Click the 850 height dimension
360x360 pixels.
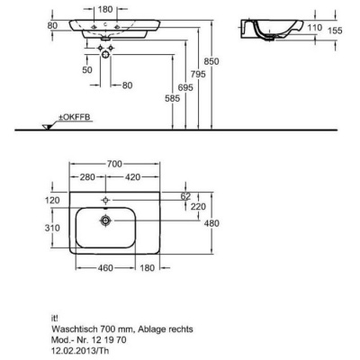(211, 61)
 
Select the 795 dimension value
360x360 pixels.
(198, 74)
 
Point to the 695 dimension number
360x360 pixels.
(185, 87)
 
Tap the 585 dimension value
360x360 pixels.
(173, 98)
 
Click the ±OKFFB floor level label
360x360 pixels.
(74, 117)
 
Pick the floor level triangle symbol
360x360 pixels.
(48, 127)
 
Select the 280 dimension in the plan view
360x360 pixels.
(87, 177)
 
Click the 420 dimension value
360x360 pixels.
(132, 177)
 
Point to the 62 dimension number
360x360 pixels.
(185, 196)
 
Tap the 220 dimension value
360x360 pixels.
(198, 206)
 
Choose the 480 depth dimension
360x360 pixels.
(211, 223)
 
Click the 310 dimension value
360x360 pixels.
(52, 228)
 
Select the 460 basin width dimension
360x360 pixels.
(105, 267)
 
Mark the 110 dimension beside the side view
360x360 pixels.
(314, 28)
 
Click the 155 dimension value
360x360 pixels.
(335, 31)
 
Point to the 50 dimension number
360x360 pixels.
(87, 70)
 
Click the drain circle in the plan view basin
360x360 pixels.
(105, 221)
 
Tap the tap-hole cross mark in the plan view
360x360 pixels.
(105, 200)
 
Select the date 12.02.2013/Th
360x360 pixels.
(80, 350)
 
